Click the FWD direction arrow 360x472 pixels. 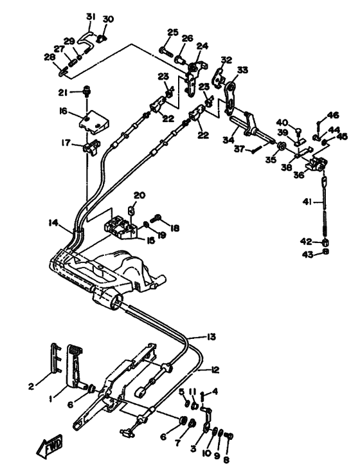click(x=50, y=444)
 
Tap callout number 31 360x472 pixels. click(x=90, y=17)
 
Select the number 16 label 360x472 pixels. click(x=63, y=112)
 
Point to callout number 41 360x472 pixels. click(x=307, y=202)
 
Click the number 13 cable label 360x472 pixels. click(x=212, y=336)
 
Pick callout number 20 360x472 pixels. click(x=139, y=195)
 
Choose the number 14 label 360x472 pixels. click(x=53, y=223)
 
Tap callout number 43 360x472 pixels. click(x=308, y=255)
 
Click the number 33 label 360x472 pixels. click(x=242, y=70)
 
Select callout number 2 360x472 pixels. click(x=31, y=386)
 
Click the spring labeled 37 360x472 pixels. click(x=256, y=149)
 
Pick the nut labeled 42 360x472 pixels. click(x=325, y=242)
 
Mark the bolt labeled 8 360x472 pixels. click(x=229, y=436)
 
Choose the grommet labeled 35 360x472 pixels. click(x=282, y=146)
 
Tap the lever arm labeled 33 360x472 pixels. click(x=230, y=96)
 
